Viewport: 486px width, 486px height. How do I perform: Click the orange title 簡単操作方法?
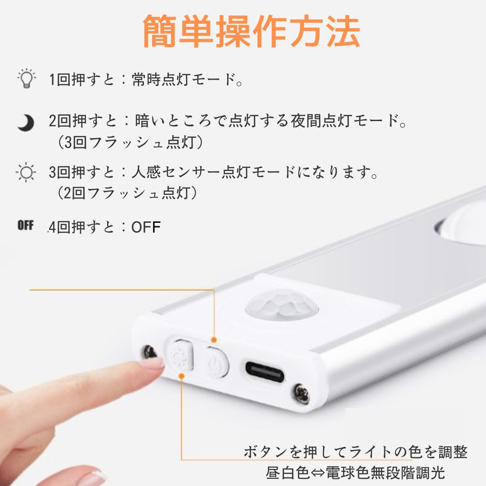pyautogui.click(x=252, y=31)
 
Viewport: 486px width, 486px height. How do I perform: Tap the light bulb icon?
pyautogui.click(x=27, y=78)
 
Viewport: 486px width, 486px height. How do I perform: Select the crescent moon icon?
pyautogui.click(x=26, y=123)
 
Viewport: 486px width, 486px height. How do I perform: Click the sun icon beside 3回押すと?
pyautogui.click(x=26, y=172)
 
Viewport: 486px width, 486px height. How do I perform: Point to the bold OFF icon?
pyautogui.click(x=25, y=225)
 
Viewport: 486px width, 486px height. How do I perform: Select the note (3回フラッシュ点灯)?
pyautogui.click(x=130, y=142)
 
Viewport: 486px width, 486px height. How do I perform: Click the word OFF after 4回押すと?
pyautogui.click(x=146, y=227)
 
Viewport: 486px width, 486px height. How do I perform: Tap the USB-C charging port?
pyautogui.click(x=265, y=372)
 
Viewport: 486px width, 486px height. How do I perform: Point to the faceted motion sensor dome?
pyautogui.click(x=282, y=304)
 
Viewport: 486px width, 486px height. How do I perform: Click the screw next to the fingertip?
pyautogui.click(x=150, y=352)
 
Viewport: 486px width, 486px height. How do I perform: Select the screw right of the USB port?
pyautogui.click(x=301, y=394)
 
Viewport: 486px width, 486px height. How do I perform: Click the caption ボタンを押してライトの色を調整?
pyautogui.click(x=355, y=452)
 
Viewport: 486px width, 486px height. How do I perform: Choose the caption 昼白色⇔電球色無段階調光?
pyautogui.click(x=355, y=472)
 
